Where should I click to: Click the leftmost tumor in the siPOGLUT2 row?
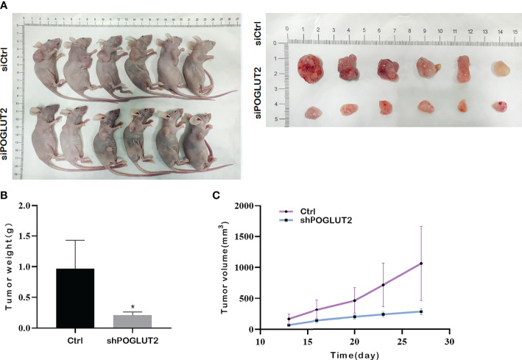[313, 112]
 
